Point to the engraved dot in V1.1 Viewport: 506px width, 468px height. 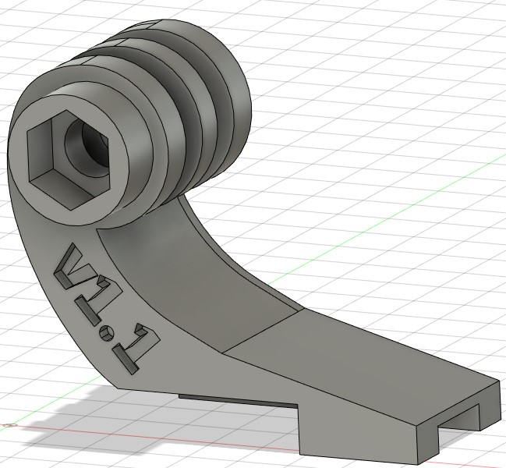point(105,333)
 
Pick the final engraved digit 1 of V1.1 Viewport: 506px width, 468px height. point(135,350)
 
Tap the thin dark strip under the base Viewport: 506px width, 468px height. point(238,401)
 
